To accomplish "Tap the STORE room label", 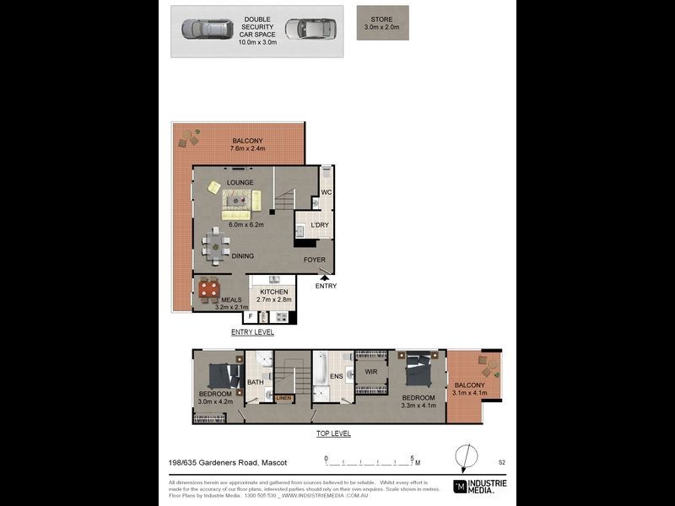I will (x=382, y=19).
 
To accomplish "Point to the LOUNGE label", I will (x=218, y=181).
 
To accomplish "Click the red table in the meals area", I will (x=209, y=290).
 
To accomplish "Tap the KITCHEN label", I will (x=273, y=292).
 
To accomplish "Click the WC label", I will (x=326, y=193).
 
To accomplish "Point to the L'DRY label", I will (x=319, y=225).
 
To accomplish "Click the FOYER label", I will (x=314, y=260).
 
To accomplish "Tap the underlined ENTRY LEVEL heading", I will (x=252, y=333).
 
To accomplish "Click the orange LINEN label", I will (x=283, y=397).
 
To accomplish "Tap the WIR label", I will (x=370, y=372).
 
